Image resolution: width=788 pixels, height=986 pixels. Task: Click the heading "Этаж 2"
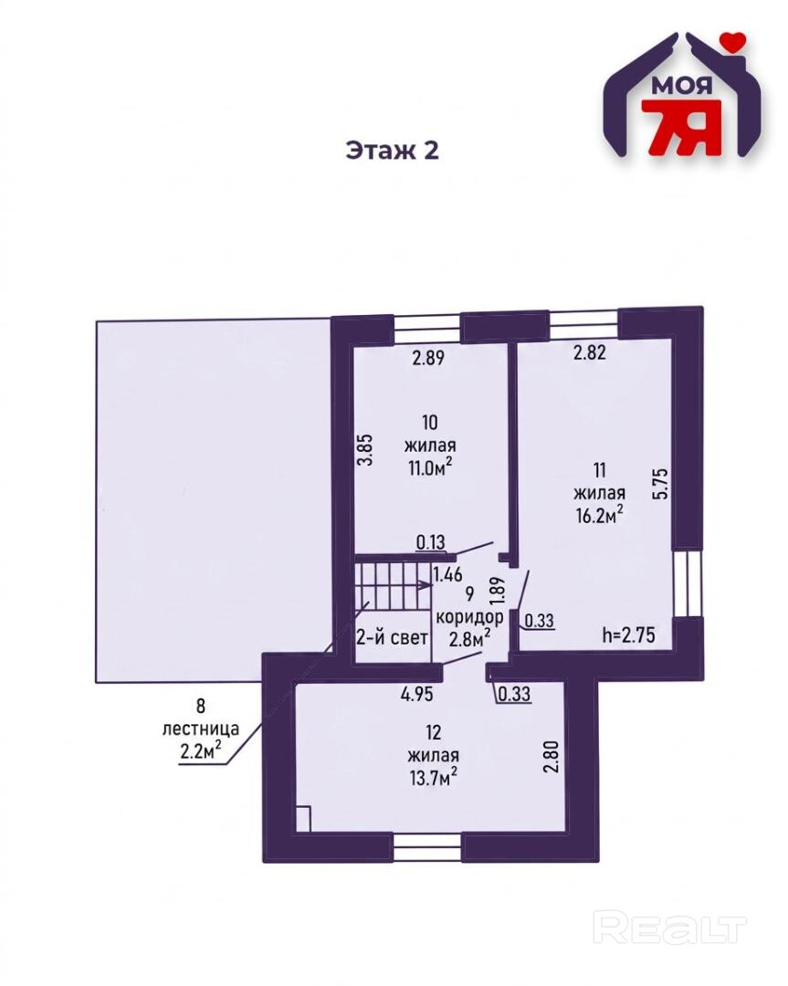tap(392, 151)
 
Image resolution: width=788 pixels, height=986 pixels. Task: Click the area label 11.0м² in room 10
tap(430, 467)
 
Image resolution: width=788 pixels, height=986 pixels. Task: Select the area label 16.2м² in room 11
tap(599, 515)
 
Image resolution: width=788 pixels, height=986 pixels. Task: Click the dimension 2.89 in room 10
tap(428, 358)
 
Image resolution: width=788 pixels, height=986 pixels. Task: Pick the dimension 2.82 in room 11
tap(589, 352)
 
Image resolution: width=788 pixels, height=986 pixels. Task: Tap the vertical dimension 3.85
tap(368, 448)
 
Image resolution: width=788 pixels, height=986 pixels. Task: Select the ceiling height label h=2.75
tap(628, 635)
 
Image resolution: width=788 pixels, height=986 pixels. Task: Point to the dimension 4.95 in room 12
tap(417, 694)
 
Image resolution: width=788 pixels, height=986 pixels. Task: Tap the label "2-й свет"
tap(393, 637)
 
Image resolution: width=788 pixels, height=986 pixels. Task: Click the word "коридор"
tap(469, 617)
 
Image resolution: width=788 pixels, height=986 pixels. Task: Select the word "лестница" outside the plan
tap(201, 729)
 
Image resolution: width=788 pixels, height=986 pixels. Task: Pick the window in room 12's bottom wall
tap(427, 848)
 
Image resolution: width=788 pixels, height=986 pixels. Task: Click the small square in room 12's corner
tap(302, 819)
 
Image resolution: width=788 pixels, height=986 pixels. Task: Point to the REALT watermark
tap(670, 930)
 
